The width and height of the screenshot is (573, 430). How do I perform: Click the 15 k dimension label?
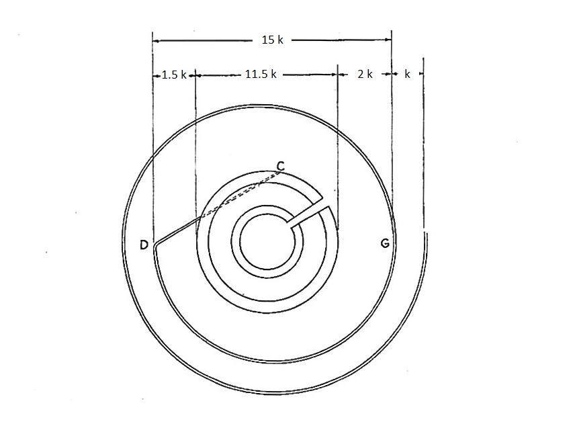(272, 40)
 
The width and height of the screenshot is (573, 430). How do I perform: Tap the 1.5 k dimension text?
(174, 75)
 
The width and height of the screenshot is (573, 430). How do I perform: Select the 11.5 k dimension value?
(261, 74)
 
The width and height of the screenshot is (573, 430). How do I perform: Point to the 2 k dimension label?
(365, 74)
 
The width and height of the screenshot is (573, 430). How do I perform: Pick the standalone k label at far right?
(407, 74)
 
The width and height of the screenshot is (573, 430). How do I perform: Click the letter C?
(280, 167)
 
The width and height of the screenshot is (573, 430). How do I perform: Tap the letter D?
(144, 245)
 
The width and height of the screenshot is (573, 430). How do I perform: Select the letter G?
(385, 243)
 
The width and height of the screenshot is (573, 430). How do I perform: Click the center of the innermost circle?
(267, 242)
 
